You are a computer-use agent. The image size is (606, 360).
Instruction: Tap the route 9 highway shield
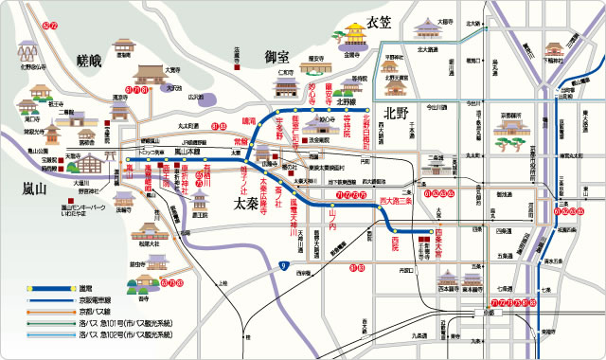tap(283, 268)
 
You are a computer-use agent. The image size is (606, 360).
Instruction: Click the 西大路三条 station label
tap(397, 201)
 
